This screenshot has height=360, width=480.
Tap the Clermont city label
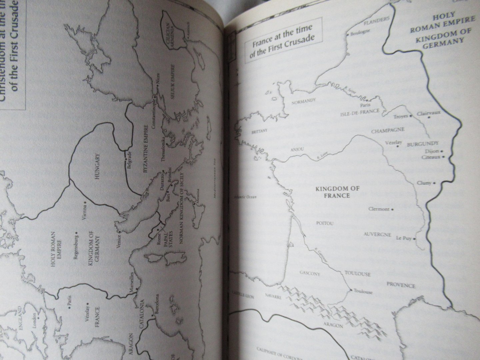[379, 209]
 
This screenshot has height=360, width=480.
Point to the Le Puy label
[403, 238]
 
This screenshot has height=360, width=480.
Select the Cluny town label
[424, 183]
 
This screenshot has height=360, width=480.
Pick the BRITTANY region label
[258, 132]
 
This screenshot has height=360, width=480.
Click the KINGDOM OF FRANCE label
[337, 192]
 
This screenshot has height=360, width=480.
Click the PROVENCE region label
[401, 285]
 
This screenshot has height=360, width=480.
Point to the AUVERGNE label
[377, 234]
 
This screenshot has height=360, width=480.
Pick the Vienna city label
[85, 213]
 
